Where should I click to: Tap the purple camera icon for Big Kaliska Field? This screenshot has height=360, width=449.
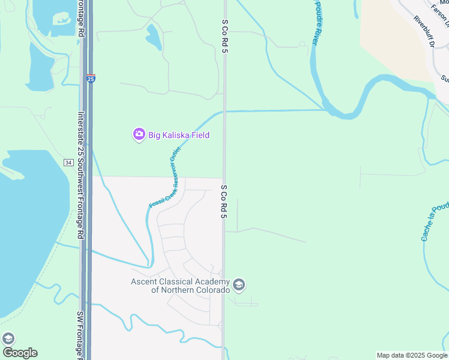pyautogui.click(x=139, y=134)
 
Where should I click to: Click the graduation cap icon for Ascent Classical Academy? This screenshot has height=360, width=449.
pyautogui.click(x=239, y=284)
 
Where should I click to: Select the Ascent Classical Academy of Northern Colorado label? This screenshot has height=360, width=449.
pyautogui.click(x=181, y=286)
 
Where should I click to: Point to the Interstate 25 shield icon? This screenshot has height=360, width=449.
pyautogui.click(x=90, y=78)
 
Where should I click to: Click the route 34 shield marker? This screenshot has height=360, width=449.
pyautogui.click(x=68, y=163)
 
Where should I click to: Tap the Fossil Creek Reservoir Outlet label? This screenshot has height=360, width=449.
pyautogui.click(x=164, y=178)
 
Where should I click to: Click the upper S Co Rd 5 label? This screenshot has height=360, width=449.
pyautogui.click(x=225, y=35)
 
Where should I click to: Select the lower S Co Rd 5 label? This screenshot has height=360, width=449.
pyautogui.click(x=223, y=201)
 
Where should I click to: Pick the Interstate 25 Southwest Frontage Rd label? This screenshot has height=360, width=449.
pyautogui.click(x=80, y=174)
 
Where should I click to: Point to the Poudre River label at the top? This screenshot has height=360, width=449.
pyautogui.click(x=313, y=24)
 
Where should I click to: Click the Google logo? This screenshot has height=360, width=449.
pyautogui.click(x=20, y=352)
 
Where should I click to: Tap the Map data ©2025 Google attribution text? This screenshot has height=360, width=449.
pyautogui.click(x=412, y=355)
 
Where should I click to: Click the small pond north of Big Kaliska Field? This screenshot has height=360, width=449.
pyautogui.click(x=154, y=37)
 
